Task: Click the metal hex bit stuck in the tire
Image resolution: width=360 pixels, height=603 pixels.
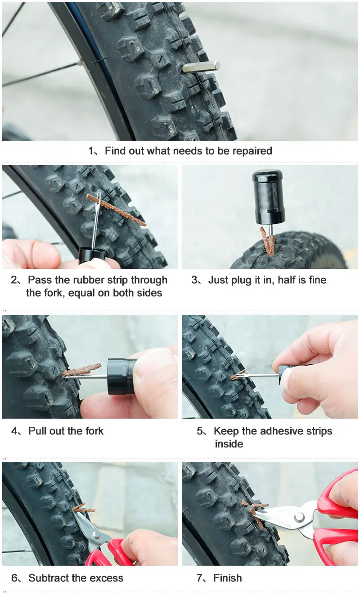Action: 201,67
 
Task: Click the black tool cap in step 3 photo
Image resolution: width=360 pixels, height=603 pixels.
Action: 268,197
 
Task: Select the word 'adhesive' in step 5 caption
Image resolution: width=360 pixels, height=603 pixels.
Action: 280,431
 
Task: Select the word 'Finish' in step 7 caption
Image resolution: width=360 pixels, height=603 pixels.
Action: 228,578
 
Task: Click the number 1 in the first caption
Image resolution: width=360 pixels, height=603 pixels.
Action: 91,151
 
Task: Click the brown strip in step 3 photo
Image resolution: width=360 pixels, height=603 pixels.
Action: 267,241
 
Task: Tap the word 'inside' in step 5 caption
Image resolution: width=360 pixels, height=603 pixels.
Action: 229,444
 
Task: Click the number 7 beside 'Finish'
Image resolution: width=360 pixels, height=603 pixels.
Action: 200,578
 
